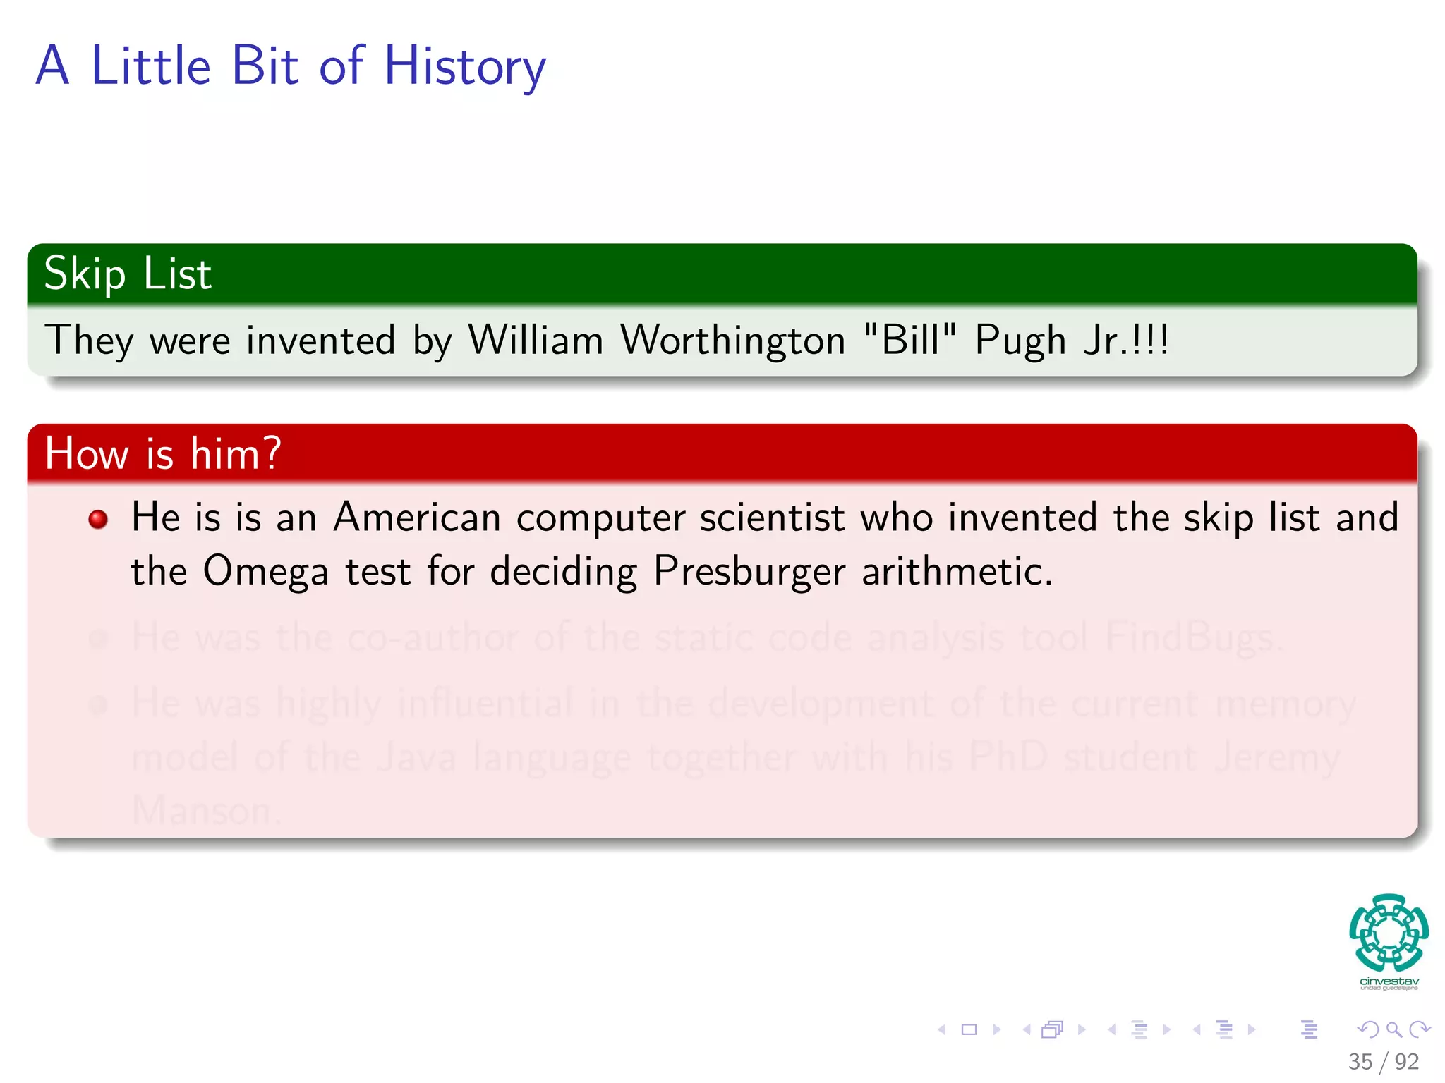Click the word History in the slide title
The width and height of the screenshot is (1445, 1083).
pyautogui.click(x=464, y=67)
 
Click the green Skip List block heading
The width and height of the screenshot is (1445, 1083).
pyautogui.click(x=128, y=274)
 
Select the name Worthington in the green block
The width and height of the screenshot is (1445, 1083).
pyautogui.click(x=732, y=341)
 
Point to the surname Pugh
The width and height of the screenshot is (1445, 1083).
pyautogui.click(x=1020, y=342)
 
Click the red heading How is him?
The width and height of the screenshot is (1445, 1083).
pyautogui.click(x=163, y=453)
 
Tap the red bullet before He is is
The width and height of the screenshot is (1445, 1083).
pyautogui.click(x=98, y=520)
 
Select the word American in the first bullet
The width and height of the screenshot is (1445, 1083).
pyautogui.click(x=417, y=518)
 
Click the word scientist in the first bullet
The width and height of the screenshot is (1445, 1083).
pyautogui.click(x=772, y=518)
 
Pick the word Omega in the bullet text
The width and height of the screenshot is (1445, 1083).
pyautogui.click(x=265, y=572)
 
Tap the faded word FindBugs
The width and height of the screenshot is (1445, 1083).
pyautogui.click(x=1192, y=638)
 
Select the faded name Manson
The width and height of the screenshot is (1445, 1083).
pyautogui.click(x=205, y=811)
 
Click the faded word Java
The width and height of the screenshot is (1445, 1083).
pyautogui.click(x=416, y=758)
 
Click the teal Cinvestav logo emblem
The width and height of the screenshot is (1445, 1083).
pyautogui.click(x=1389, y=932)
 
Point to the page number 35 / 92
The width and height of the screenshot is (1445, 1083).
pyautogui.click(x=1383, y=1062)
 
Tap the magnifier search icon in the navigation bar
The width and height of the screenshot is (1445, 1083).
pyautogui.click(x=1393, y=1030)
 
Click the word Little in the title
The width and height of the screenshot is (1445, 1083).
pyautogui.click(x=151, y=67)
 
